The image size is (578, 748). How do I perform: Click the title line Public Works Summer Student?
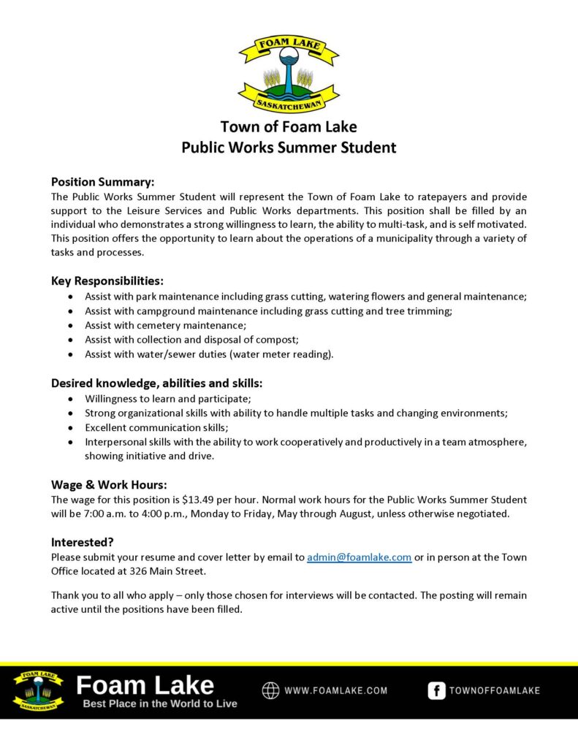(x=289, y=148)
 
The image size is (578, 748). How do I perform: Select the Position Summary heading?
(x=102, y=182)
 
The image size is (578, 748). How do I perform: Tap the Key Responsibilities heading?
(x=107, y=281)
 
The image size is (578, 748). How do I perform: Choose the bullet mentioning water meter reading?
(x=209, y=354)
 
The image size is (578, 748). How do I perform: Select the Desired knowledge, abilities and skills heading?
(x=156, y=383)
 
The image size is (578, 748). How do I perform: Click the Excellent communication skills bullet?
(x=156, y=427)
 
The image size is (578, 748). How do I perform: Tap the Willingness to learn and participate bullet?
(x=167, y=398)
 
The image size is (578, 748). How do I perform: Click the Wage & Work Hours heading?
(x=109, y=484)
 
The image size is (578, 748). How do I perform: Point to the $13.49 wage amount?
(x=206, y=500)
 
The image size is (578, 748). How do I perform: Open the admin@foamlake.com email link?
(x=359, y=557)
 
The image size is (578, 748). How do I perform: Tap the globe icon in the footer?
(x=271, y=690)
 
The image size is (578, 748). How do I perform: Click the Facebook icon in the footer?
(x=436, y=690)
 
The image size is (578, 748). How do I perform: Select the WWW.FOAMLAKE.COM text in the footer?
(x=336, y=690)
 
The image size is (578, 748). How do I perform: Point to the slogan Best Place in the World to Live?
(x=160, y=704)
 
